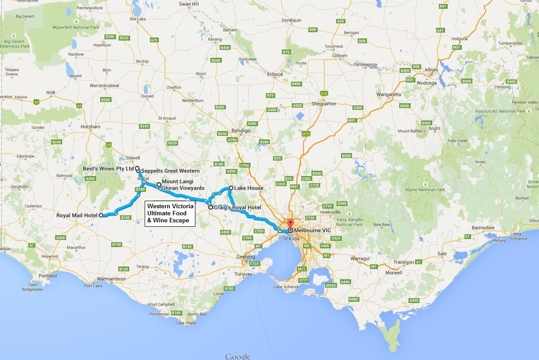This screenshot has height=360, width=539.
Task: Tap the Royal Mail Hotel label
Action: point(77,215)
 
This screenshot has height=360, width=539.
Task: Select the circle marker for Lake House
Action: point(231,188)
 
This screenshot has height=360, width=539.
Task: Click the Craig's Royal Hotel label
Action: point(237,207)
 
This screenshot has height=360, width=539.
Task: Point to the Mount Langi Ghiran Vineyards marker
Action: point(159,184)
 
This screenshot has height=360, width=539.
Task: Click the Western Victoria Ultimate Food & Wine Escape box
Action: point(170,214)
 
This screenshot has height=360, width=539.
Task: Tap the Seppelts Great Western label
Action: point(170,171)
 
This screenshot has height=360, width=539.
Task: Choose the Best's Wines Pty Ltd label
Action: point(108,169)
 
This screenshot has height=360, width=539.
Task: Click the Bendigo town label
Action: point(241,131)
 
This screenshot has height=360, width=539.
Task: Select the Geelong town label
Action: point(246,257)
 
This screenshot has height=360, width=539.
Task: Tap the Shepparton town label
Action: point(323,104)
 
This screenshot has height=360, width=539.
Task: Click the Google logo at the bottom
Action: point(238,356)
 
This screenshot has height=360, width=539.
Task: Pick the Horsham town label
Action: point(90,127)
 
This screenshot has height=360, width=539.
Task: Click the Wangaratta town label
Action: point(389,94)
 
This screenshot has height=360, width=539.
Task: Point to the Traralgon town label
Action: point(404,262)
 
